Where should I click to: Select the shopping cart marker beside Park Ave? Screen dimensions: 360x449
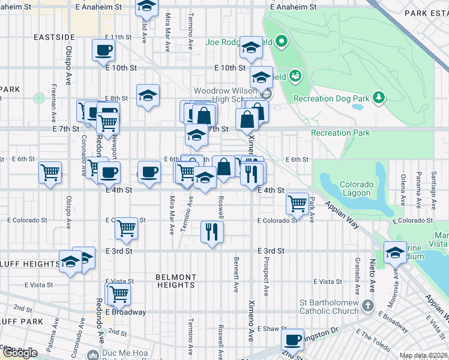(x=297, y=203)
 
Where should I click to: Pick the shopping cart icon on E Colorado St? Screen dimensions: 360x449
(x=126, y=228)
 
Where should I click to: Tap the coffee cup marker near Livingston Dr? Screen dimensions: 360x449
(x=292, y=340)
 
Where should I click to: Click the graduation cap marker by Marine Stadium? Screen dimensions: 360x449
(x=395, y=252)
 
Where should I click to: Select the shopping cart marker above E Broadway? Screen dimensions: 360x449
(x=119, y=293)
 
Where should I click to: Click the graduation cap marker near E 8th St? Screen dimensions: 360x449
(x=148, y=95)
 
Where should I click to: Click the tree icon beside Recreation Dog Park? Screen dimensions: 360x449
(x=379, y=97)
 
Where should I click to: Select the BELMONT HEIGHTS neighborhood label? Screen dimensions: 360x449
(x=176, y=281)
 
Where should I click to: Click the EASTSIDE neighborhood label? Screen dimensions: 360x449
(x=53, y=37)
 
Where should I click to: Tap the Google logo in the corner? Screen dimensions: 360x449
(x=19, y=353)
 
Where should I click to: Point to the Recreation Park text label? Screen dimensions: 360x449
(x=340, y=133)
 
